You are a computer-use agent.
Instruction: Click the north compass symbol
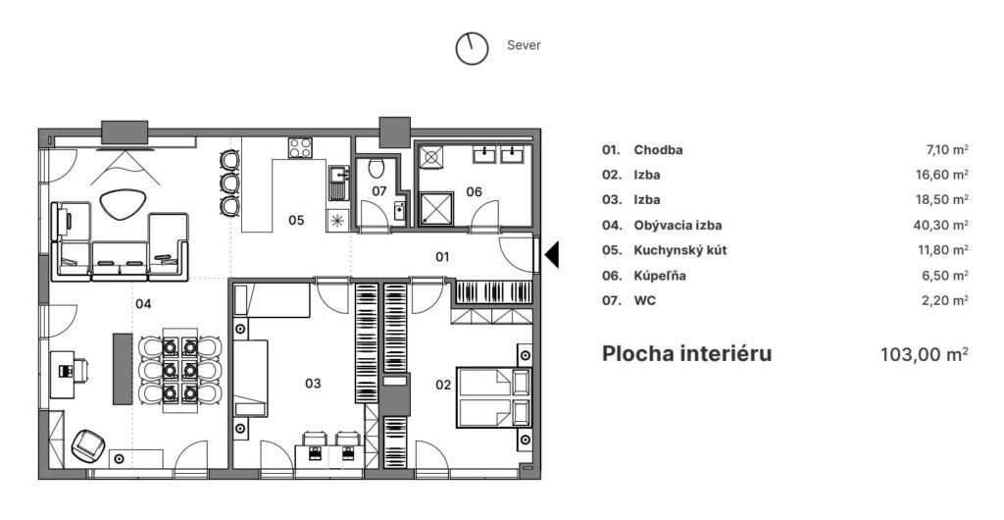pyautogui.click(x=472, y=48)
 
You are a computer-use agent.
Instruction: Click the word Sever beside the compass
pyautogui.click(x=524, y=45)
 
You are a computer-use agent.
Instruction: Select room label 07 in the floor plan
pyautogui.click(x=379, y=191)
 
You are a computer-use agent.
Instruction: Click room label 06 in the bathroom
pyautogui.click(x=474, y=191)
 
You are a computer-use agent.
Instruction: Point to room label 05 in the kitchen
pyautogui.click(x=296, y=220)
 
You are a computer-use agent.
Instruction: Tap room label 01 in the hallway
pyautogui.click(x=441, y=257)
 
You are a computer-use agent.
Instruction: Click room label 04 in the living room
pyautogui.click(x=143, y=304)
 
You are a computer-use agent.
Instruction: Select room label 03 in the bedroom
pyautogui.click(x=313, y=384)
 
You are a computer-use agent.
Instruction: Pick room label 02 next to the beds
pyautogui.click(x=443, y=385)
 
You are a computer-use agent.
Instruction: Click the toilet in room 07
pyautogui.click(x=375, y=169)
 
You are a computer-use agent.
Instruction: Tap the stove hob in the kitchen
pyautogui.click(x=300, y=148)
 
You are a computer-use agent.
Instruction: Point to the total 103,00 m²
pyautogui.click(x=926, y=353)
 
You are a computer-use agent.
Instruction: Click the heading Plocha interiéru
pyautogui.click(x=686, y=353)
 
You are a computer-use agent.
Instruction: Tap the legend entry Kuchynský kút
pyautogui.click(x=680, y=250)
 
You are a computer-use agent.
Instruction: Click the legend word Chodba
pyautogui.click(x=658, y=150)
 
